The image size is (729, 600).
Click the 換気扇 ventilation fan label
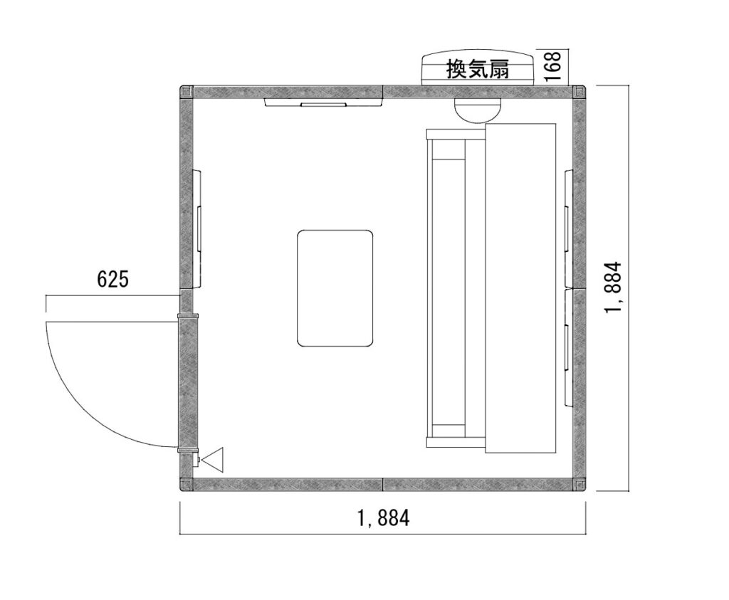point(478,69)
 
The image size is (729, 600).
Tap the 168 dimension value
point(552,66)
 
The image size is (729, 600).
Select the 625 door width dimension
point(112,279)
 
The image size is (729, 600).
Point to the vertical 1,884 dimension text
point(613,288)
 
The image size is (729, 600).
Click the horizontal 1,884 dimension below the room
point(383,517)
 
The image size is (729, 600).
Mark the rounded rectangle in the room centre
point(335,288)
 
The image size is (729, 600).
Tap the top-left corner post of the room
point(187,92)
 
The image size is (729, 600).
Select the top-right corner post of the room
point(579,92)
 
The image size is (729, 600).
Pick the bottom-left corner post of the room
point(187,484)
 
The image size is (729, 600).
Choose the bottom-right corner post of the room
point(579,484)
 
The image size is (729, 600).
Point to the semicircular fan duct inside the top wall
point(478,110)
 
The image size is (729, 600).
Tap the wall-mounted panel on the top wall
point(324,102)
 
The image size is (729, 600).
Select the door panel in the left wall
point(188,382)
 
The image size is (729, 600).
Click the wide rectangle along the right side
point(520,288)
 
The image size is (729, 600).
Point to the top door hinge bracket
point(188,316)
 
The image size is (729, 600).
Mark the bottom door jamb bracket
point(188,449)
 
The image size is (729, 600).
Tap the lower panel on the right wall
point(568,347)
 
